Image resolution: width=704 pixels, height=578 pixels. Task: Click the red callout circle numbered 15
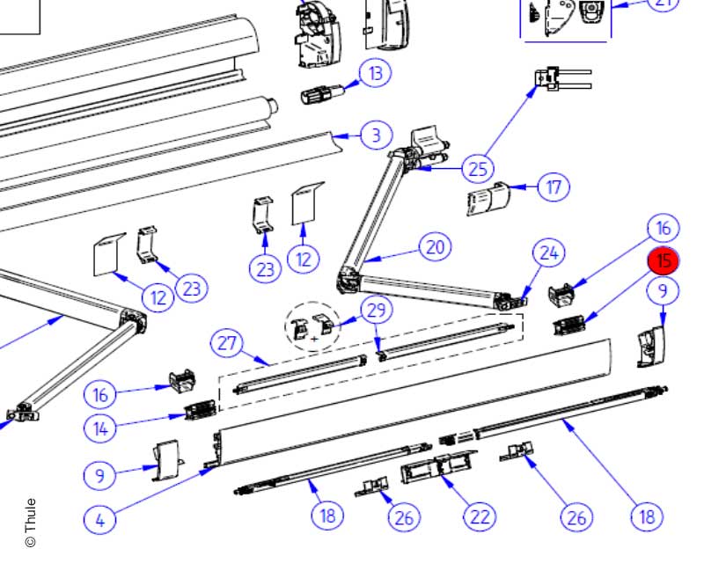(664, 260)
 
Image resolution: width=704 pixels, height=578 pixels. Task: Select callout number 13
(377, 72)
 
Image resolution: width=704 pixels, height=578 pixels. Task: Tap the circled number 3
(376, 135)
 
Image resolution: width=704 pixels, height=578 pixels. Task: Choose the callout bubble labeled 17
(554, 187)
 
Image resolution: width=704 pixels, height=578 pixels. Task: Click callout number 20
(436, 247)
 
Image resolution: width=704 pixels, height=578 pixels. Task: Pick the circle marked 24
(549, 254)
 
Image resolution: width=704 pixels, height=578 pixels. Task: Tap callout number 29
(377, 310)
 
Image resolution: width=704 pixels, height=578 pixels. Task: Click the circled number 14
(100, 428)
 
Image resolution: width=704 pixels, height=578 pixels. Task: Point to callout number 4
(99, 519)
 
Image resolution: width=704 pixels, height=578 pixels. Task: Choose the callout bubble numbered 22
(480, 516)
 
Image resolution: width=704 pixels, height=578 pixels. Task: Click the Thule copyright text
(31, 523)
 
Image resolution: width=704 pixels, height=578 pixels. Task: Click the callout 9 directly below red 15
(664, 289)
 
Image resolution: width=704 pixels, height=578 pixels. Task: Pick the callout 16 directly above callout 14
(100, 392)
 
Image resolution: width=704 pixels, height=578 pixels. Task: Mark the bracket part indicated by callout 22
(437, 467)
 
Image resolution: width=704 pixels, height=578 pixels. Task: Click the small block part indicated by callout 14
(201, 410)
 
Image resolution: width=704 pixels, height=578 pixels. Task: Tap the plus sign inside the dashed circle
(314, 338)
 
